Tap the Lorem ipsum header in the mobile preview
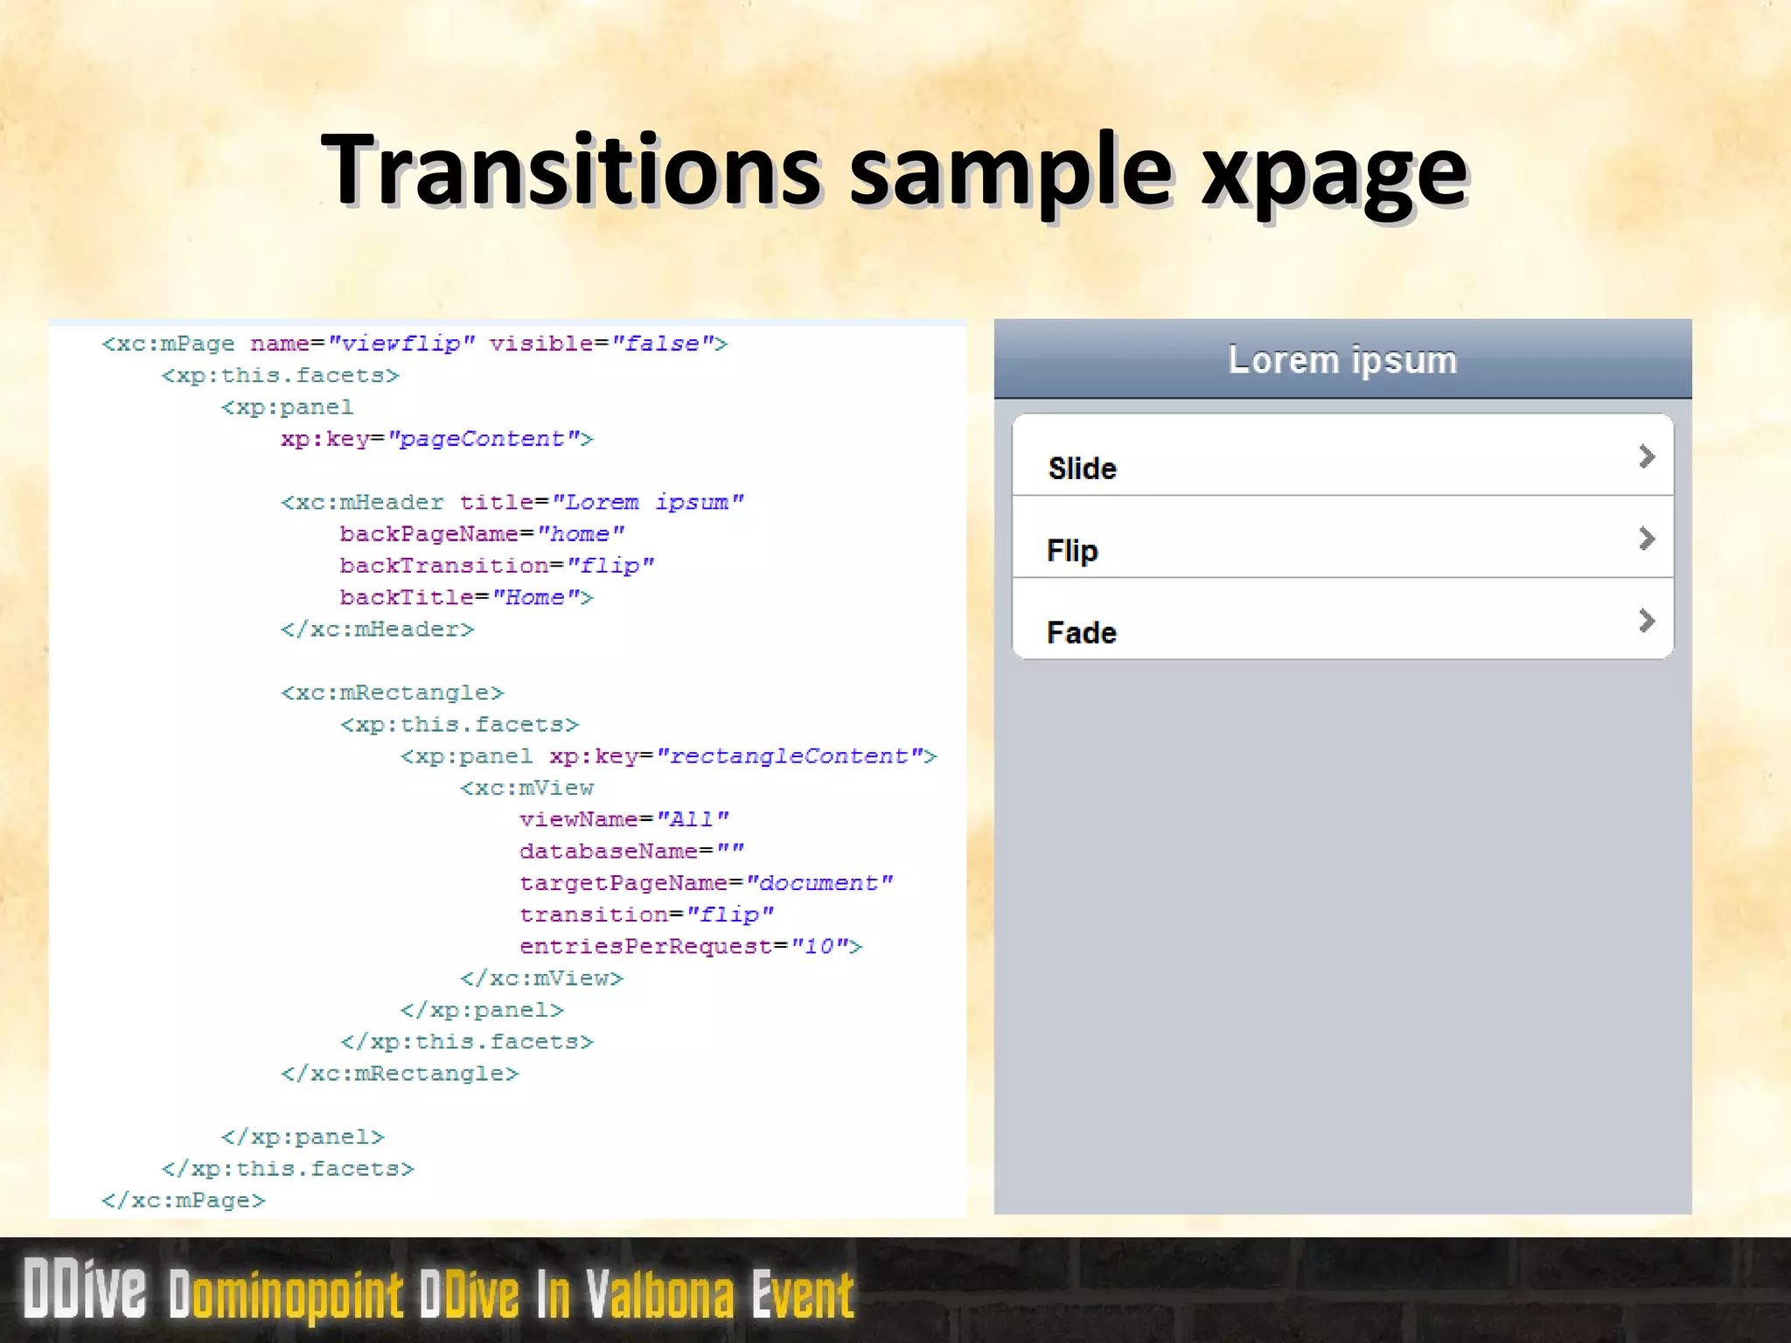tap(1342, 360)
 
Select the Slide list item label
tap(1082, 469)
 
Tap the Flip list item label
tap(1072, 551)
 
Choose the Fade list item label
tap(1082, 632)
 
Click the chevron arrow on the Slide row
tap(1646, 456)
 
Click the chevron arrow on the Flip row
tap(1646, 539)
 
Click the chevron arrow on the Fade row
tap(1646, 621)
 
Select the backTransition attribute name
tap(444, 566)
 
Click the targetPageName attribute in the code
tap(623, 883)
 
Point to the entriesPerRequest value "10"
tap(820, 947)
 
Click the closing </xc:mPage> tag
tap(183, 1200)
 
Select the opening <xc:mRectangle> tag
tap(393, 692)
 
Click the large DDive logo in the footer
tap(85, 1289)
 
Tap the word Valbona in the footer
tap(660, 1295)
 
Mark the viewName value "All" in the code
tap(692, 819)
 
